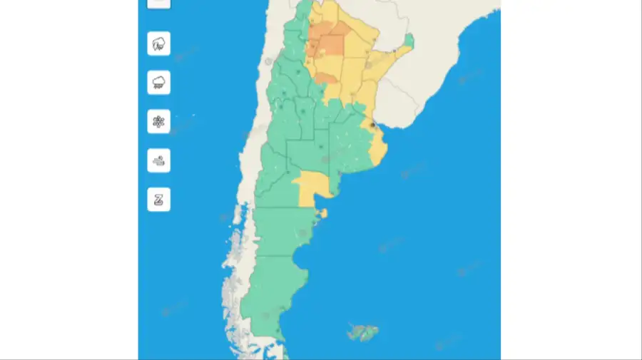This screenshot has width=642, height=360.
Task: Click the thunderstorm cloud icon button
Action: point(158,43)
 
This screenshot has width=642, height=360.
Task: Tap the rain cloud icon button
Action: point(158,83)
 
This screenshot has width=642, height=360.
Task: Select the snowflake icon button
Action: point(158,122)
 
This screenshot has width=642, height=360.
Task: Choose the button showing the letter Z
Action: point(158,199)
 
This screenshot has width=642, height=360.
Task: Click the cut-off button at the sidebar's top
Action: point(158,2)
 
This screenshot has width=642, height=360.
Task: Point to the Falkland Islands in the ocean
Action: point(363,332)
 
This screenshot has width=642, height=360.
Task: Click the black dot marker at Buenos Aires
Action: point(372,125)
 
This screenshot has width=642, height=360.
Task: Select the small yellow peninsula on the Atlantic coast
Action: point(323,212)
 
